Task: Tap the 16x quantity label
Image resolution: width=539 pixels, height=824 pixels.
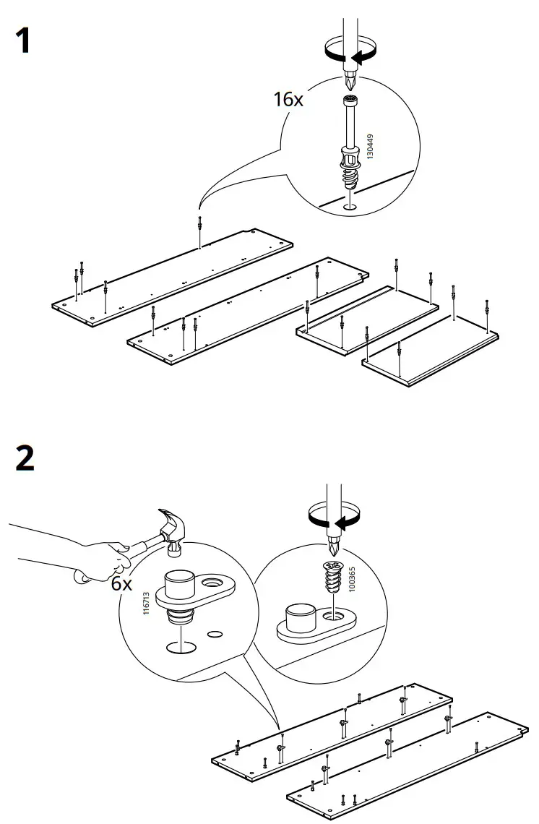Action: [288, 99]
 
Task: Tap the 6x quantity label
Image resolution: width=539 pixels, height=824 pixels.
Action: [122, 583]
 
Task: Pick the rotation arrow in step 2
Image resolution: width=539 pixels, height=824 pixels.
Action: [334, 518]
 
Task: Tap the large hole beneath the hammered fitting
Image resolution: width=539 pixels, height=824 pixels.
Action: [181, 645]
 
